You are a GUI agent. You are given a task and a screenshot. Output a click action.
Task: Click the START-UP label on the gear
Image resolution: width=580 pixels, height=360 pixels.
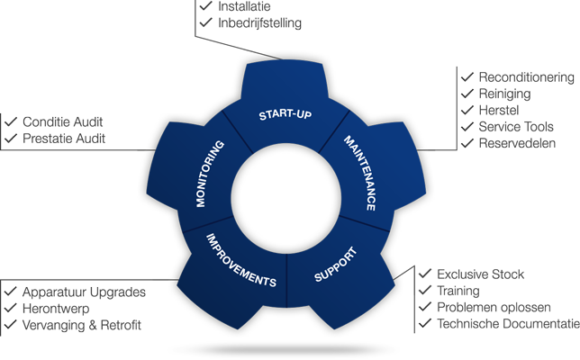point(285,116)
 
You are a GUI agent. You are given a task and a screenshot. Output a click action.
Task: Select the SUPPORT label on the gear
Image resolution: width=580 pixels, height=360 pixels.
point(335,263)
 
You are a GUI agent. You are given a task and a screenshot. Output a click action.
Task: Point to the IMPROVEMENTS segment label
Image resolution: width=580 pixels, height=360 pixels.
point(240,260)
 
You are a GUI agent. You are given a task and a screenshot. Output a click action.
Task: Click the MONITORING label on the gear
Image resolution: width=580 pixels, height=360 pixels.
point(212,173)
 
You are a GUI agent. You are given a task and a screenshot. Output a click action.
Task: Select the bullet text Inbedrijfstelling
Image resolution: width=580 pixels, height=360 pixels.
point(260,22)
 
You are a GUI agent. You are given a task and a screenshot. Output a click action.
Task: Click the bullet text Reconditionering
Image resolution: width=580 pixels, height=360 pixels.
point(526,77)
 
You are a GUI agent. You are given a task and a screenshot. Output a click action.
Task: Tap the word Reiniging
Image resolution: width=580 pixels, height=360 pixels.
point(504,94)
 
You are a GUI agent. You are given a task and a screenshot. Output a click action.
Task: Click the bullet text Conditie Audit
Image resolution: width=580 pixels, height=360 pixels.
point(64,121)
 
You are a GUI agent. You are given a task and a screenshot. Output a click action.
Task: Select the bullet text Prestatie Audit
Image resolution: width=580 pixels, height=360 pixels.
point(64,139)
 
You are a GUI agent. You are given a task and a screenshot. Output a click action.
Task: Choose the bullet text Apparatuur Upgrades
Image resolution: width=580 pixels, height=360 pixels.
point(84,292)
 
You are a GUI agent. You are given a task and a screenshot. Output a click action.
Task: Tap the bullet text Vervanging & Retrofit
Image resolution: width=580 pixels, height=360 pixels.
point(82,325)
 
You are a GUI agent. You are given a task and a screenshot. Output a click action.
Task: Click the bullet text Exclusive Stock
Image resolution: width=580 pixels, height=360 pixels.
point(481,274)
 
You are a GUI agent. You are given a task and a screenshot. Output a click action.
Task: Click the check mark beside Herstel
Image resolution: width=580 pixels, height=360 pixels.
point(467,110)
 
